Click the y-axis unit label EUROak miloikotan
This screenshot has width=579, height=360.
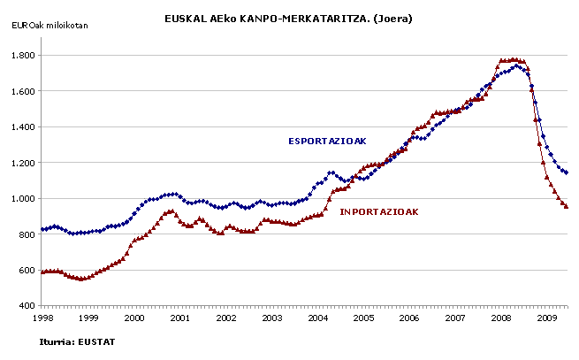[x=50, y=24]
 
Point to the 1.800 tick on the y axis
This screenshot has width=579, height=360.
[x=22, y=56]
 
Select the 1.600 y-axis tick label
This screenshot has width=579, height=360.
[x=22, y=91]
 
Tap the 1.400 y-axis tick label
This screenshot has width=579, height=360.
[x=22, y=127]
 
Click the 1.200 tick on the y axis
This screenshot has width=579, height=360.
[x=22, y=163]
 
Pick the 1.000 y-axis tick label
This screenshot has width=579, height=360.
[x=22, y=199]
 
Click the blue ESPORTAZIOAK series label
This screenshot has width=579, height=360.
[x=327, y=141]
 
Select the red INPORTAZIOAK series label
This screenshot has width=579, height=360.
[x=379, y=211]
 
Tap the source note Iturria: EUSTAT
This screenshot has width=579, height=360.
[x=78, y=341]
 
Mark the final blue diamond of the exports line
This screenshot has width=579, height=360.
[x=567, y=172]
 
